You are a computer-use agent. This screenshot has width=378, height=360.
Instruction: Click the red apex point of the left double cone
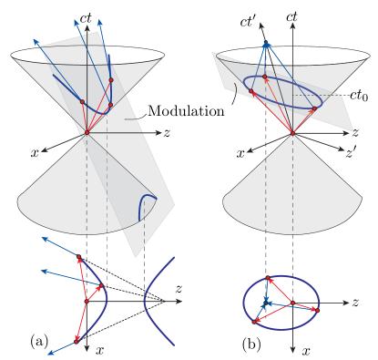(87, 133)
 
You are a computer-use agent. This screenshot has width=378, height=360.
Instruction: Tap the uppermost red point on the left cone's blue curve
(111, 80)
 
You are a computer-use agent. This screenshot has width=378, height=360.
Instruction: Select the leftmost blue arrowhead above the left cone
(36, 40)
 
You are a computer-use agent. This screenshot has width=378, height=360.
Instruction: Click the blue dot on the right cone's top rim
(266, 45)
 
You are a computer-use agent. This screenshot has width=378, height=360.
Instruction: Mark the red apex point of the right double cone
(292, 134)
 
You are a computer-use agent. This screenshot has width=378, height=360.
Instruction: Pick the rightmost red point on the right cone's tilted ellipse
(314, 109)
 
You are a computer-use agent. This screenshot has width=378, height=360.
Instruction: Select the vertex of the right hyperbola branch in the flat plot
(144, 301)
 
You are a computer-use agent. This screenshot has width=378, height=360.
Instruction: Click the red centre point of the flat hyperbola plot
(87, 300)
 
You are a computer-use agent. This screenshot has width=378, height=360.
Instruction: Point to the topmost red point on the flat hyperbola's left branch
(79, 260)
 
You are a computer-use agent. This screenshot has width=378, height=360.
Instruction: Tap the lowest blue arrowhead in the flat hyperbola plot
(47, 354)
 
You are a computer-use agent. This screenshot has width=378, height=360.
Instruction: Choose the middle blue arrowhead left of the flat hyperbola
(42, 271)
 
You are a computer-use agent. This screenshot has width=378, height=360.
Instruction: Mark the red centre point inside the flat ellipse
(292, 302)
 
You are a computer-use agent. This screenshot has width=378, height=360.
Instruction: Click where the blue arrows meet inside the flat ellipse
(266, 302)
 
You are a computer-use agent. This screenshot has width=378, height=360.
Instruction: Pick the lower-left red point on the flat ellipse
(255, 321)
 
